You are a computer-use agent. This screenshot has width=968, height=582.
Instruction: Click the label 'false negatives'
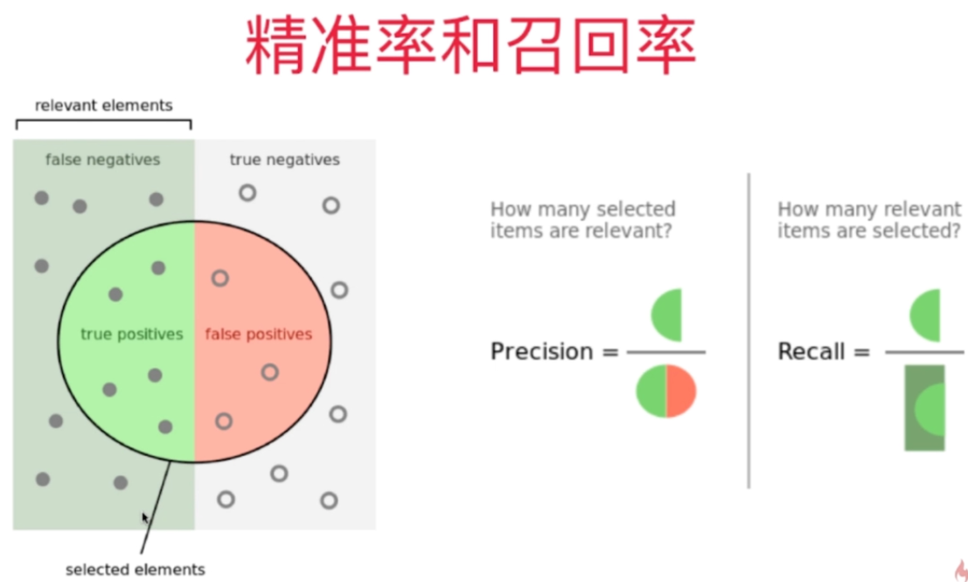pyautogui.click(x=102, y=159)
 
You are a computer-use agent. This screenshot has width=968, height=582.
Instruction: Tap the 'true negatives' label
pyautogui.click(x=284, y=159)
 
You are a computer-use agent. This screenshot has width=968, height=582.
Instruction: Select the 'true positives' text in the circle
pyautogui.click(x=132, y=334)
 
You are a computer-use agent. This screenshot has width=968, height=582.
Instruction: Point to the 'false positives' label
pyautogui.click(x=259, y=334)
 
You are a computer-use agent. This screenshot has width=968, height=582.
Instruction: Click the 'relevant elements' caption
pyautogui.click(x=104, y=106)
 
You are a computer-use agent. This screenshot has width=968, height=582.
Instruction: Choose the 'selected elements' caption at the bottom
pyautogui.click(x=136, y=569)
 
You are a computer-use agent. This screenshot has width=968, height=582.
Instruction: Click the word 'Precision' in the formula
pyautogui.click(x=541, y=352)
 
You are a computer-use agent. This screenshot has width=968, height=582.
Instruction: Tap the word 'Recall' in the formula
pyautogui.click(x=811, y=352)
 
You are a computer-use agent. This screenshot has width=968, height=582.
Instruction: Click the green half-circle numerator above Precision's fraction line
pyautogui.click(x=668, y=315)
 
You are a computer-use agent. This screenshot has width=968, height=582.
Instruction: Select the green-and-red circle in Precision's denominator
pyautogui.click(x=666, y=391)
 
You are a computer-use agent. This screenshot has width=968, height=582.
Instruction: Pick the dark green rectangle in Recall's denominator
pyautogui.click(x=925, y=407)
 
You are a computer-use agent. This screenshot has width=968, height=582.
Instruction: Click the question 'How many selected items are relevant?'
pyautogui.click(x=582, y=219)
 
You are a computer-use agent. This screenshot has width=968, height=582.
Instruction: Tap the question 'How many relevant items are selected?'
pyautogui.click(x=869, y=219)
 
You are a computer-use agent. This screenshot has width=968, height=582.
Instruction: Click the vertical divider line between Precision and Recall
pyautogui.click(x=749, y=331)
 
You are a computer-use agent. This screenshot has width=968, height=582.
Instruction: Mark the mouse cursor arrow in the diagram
pyautogui.click(x=146, y=518)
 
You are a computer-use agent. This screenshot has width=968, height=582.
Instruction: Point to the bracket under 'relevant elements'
pyautogui.click(x=104, y=121)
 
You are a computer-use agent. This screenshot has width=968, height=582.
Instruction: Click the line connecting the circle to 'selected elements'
pyautogui.click(x=156, y=508)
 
